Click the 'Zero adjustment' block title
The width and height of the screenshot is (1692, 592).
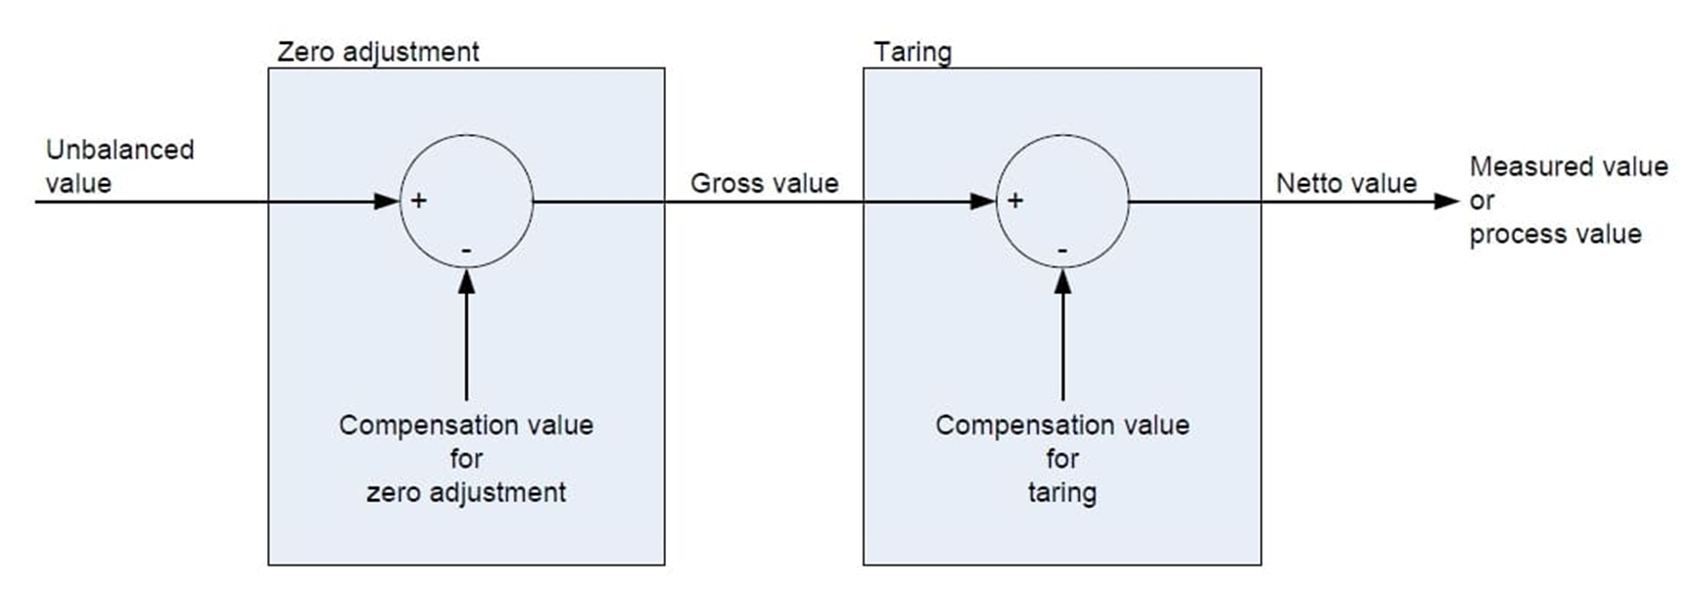tap(378, 52)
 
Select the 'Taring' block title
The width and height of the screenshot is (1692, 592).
tap(912, 52)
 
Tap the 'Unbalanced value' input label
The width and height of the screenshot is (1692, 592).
tap(119, 166)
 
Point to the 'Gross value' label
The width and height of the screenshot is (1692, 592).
tap(764, 183)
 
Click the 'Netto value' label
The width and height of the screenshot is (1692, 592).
tap(1345, 183)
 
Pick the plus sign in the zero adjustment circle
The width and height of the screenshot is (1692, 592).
tap(419, 201)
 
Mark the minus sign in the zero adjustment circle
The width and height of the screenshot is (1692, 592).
tap(466, 251)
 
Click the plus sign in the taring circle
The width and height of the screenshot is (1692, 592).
tap(1015, 201)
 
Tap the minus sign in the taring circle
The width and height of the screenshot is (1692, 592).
tap(1062, 251)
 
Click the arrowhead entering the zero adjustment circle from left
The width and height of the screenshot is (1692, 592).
tap(388, 202)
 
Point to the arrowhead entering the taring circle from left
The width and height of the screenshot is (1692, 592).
tap(983, 202)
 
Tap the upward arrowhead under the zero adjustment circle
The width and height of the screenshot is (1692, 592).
tap(466, 282)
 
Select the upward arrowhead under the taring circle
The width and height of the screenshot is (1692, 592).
tap(1062, 282)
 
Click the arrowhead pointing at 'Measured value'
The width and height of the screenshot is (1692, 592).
tap(1446, 202)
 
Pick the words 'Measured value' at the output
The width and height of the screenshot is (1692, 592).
tap(1569, 166)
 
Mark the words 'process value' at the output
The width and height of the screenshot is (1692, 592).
tap(1555, 234)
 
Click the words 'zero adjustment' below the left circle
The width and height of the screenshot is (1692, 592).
tap(466, 492)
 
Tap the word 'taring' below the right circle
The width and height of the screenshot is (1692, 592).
tap(1062, 492)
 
